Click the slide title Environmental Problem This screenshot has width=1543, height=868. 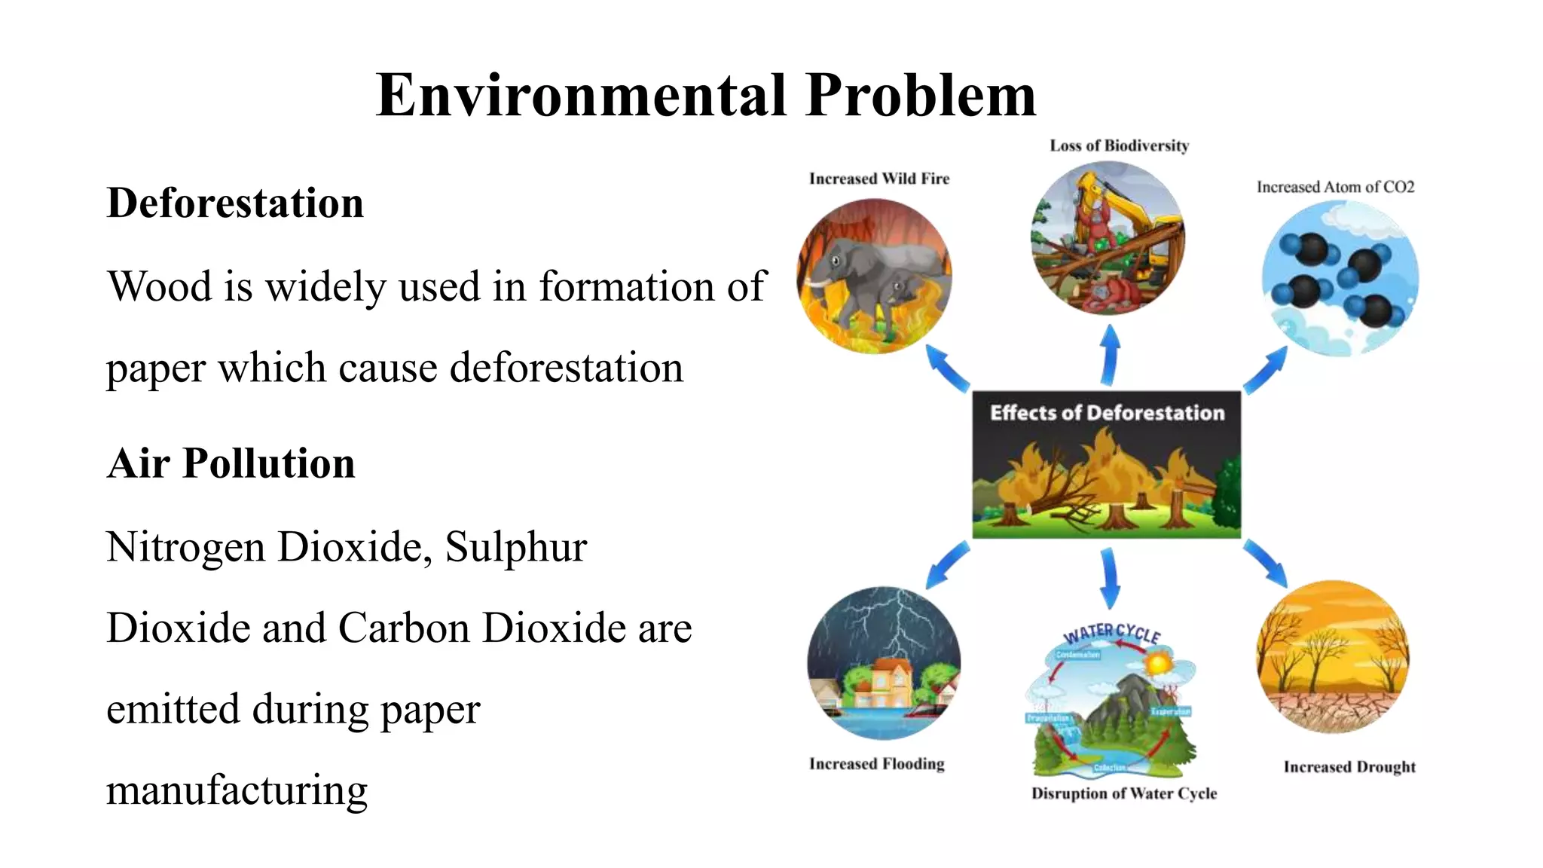click(x=706, y=96)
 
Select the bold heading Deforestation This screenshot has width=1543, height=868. click(x=235, y=203)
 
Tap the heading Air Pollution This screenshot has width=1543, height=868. click(x=231, y=463)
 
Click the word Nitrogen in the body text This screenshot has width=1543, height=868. click(x=186, y=547)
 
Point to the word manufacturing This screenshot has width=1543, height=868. click(x=237, y=790)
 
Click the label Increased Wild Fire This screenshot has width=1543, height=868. click(x=878, y=179)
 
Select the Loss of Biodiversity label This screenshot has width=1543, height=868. click(x=1119, y=145)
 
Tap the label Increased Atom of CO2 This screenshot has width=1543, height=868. click(x=1335, y=187)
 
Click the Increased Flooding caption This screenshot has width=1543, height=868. click(x=876, y=764)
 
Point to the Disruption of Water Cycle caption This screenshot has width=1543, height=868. click(x=1123, y=793)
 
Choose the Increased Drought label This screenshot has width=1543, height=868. click(x=1349, y=767)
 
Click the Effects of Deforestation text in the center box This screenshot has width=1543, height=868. click(x=1107, y=413)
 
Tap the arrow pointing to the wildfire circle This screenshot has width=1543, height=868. click(x=946, y=368)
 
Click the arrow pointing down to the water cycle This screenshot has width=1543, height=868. click(x=1109, y=578)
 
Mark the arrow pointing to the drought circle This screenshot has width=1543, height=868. click(x=1266, y=563)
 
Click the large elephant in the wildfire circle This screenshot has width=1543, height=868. click(x=866, y=267)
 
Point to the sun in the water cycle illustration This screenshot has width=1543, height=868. click(x=1158, y=664)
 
